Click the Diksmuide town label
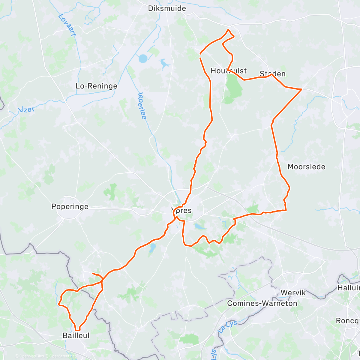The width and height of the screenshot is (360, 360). [x=167, y=8]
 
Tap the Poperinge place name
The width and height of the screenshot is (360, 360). [x=70, y=206]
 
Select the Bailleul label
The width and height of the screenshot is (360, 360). [x=76, y=335]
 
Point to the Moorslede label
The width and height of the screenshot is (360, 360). [x=306, y=167]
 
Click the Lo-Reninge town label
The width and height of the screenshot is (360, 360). [x=96, y=86]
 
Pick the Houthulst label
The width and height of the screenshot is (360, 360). [x=229, y=71]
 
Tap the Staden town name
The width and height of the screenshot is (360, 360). [x=272, y=73]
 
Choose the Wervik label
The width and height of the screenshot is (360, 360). [x=293, y=292]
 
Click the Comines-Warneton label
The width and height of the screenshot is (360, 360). [x=262, y=303]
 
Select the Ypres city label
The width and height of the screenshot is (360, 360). [x=181, y=210]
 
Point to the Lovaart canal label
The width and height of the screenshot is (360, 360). [x=67, y=25]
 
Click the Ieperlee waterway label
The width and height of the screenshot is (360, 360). [x=142, y=106]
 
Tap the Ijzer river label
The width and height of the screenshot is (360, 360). [x=26, y=109]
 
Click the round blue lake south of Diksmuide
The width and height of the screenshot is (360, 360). [x=143, y=58]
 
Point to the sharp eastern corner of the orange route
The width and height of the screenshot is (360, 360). [x=301, y=89]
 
